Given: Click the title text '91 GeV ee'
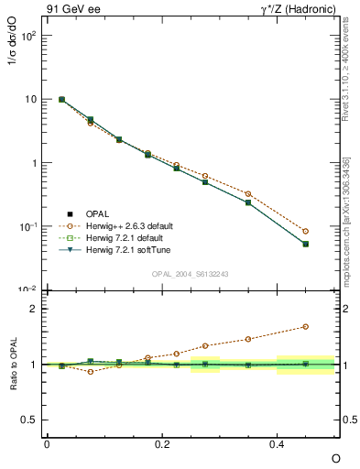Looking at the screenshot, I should click(71, 10).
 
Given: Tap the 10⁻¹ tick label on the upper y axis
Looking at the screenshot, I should click(27, 226).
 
